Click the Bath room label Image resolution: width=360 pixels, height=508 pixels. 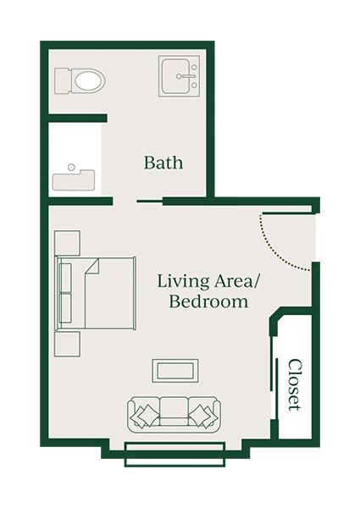pos(163,162)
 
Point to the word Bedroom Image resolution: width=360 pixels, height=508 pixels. pos(208,301)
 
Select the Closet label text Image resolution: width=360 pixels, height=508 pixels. pos(295,384)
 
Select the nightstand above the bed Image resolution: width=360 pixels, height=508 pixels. pos(67,242)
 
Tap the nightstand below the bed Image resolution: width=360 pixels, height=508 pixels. pos(67,344)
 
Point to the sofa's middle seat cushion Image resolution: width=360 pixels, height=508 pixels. pos(174,410)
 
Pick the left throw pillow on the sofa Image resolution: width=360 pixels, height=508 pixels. pos(145,414)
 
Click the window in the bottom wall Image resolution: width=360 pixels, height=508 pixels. pos(174,453)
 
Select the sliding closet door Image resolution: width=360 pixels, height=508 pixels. pos(274,385)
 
